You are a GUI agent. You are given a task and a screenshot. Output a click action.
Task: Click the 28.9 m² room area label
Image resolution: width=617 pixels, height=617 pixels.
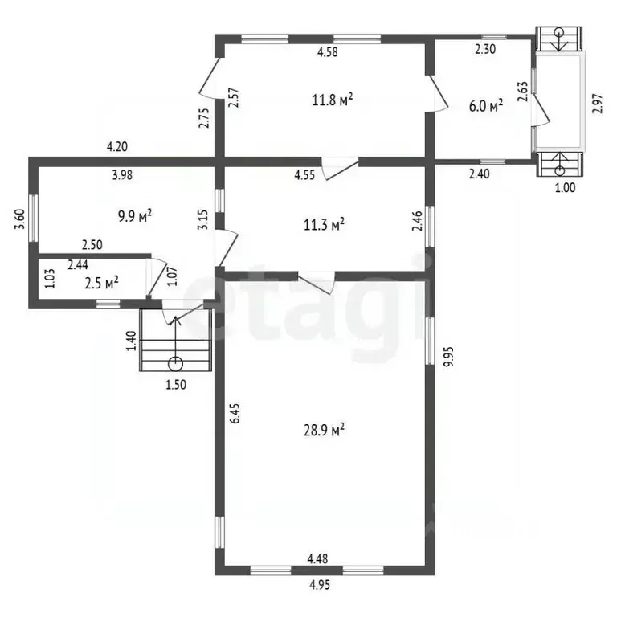pyautogui.click(x=324, y=430)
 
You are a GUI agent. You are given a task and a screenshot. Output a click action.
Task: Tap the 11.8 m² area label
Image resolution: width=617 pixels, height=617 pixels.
pyautogui.click(x=332, y=100)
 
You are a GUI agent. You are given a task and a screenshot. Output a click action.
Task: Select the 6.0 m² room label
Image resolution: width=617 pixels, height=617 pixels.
pyautogui.click(x=486, y=106)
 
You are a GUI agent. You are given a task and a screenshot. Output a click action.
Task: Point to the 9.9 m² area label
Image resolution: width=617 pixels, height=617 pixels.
pyautogui.click(x=135, y=216)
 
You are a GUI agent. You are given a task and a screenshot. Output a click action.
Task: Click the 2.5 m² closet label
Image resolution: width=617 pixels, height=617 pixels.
pyautogui.click(x=101, y=283)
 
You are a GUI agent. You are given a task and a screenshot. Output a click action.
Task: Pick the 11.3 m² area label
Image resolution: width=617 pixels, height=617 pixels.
pyautogui.click(x=325, y=225)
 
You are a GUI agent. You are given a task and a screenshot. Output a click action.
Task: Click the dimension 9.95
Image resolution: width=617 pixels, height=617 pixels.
pyautogui.click(x=448, y=356)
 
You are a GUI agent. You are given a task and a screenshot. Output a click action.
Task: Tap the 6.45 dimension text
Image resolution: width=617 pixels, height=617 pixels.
pyautogui.click(x=235, y=413)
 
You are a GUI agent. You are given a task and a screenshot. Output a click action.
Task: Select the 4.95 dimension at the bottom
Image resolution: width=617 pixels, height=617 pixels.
pyautogui.click(x=320, y=585)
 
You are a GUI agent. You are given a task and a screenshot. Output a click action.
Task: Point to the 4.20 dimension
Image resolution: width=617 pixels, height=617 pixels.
pyautogui.click(x=117, y=147)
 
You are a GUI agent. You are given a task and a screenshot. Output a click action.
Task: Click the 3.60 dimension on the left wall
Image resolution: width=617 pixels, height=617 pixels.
pyautogui.click(x=19, y=219)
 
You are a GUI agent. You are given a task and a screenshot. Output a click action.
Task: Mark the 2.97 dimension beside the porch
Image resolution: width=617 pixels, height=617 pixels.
pyautogui.click(x=598, y=104)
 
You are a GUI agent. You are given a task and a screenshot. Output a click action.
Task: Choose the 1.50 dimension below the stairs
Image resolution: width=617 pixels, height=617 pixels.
pyautogui.click(x=176, y=385)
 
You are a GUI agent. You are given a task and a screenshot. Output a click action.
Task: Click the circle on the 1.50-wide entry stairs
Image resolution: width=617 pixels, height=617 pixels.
pyautogui.click(x=175, y=364)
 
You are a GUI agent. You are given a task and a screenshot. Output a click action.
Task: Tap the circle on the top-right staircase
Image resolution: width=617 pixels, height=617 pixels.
pyautogui.click(x=559, y=32)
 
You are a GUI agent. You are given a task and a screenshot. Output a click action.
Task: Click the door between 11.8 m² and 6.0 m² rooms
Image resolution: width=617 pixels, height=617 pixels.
pyautogui.click(x=438, y=93)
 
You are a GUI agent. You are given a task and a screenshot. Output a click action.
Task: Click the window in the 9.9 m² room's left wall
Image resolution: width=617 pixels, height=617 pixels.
pyautogui.click(x=35, y=218)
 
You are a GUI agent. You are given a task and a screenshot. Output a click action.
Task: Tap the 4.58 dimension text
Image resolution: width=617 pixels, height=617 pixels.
pyautogui.click(x=328, y=52)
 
